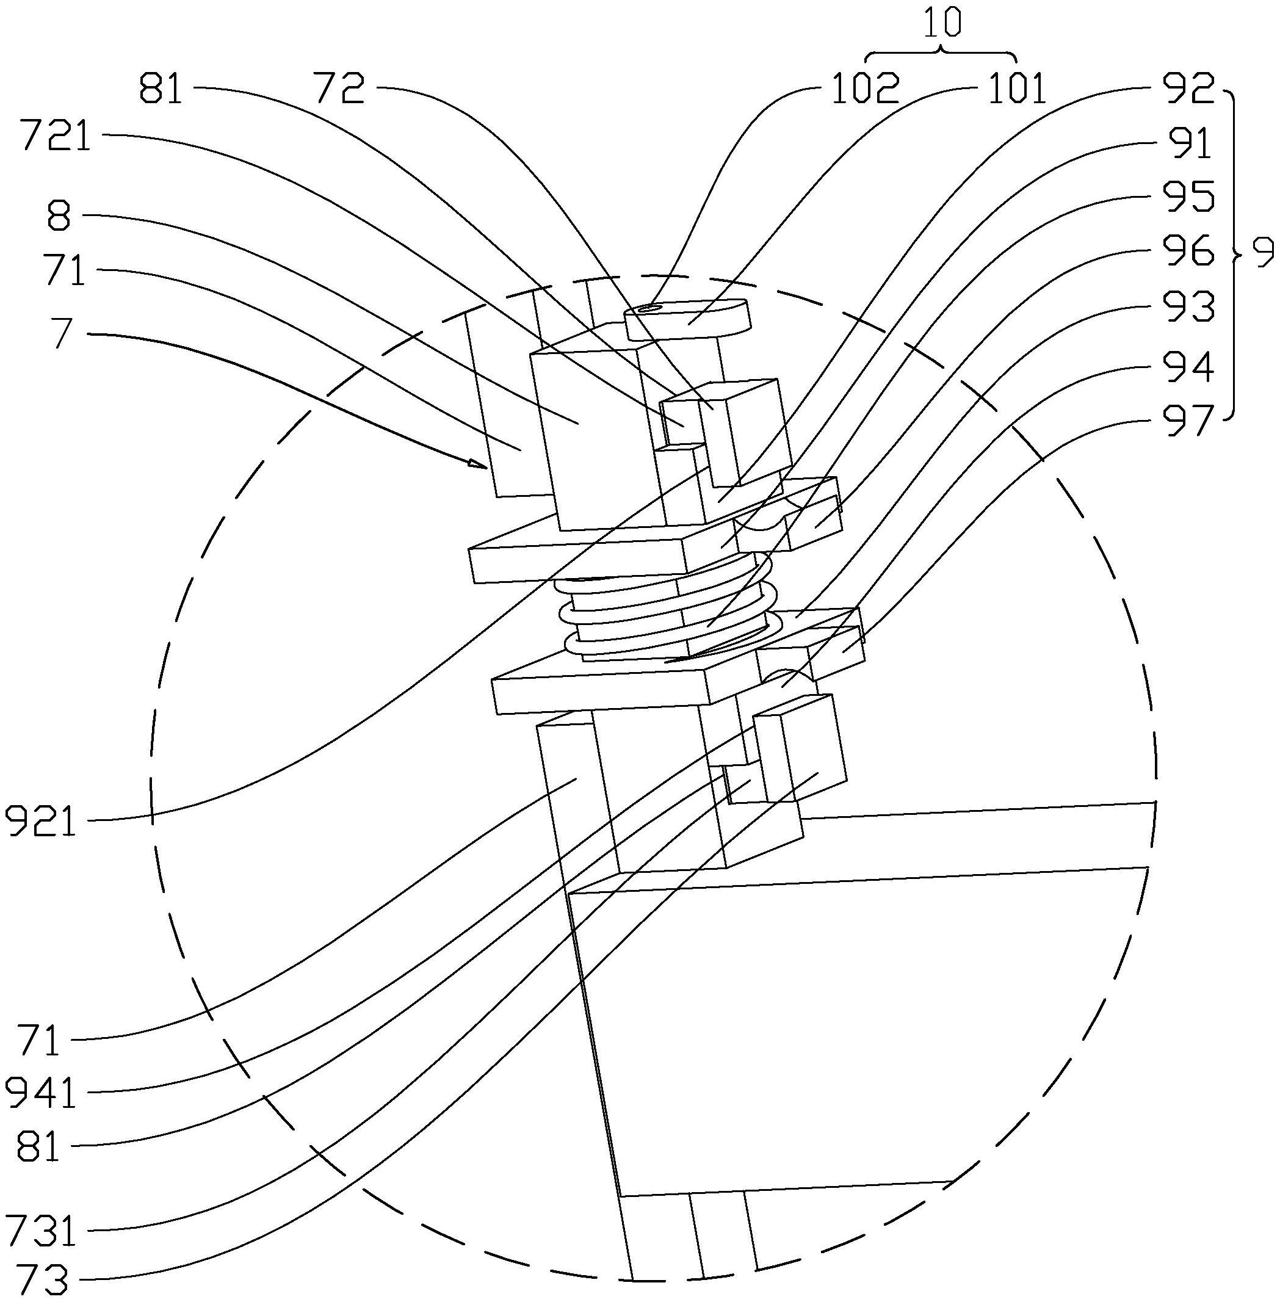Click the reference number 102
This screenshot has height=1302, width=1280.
click(865, 89)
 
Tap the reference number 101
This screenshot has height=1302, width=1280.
click(1016, 89)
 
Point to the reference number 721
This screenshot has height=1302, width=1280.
click(56, 137)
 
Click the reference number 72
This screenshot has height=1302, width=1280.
click(340, 89)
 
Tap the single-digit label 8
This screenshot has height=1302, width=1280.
click(59, 217)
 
